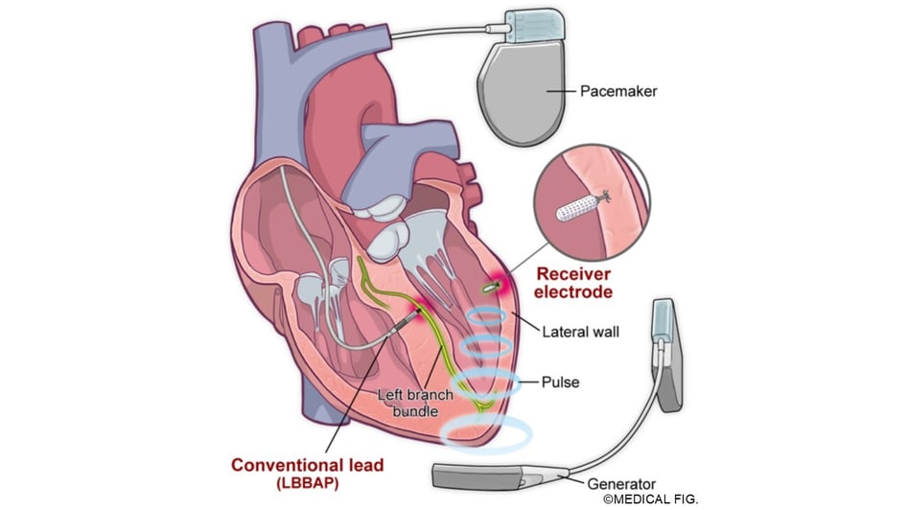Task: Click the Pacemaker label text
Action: point(618,91)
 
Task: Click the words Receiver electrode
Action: point(573,283)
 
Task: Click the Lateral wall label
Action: point(580,332)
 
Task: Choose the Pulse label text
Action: point(560,382)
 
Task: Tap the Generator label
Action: point(621,484)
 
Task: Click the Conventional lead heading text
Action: point(307,465)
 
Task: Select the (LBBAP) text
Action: point(308,483)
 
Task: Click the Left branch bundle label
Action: point(414,403)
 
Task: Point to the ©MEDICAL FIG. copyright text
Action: point(651,499)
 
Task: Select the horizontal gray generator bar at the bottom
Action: point(491,476)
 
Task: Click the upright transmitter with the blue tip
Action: point(666,353)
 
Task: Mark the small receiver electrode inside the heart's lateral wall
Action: point(491,287)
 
